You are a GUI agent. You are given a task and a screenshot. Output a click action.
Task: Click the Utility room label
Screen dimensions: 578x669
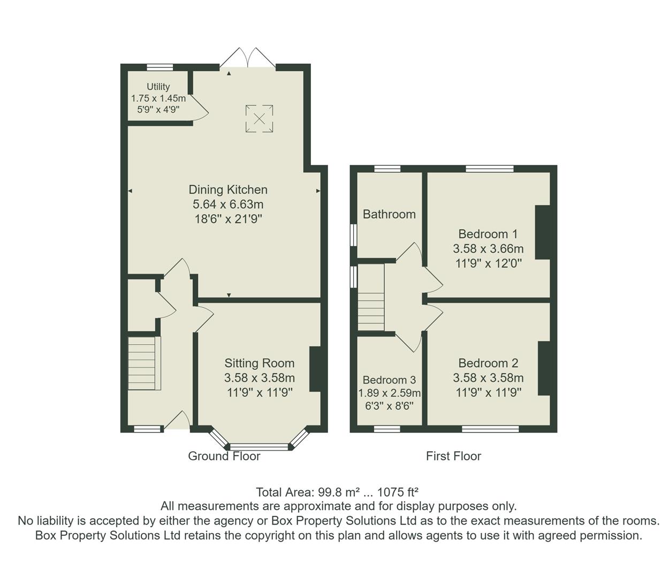click(x=158, y=87)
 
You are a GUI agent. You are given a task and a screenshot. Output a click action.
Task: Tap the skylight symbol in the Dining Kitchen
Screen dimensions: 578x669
click(x=260, y=118)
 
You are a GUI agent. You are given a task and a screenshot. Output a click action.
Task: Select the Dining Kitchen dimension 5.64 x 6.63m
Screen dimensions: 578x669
click(x=228, y=204)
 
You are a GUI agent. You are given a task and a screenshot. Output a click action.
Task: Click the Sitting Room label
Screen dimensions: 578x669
click(x=260, y=363)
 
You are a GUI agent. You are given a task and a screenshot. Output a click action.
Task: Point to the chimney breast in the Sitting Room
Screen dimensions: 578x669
click(x=315, y=369)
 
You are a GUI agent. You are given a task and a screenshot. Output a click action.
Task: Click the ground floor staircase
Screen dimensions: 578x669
click(x=144, y=362)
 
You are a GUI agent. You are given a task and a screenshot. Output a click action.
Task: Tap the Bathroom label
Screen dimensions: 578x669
click(x=389, y=215)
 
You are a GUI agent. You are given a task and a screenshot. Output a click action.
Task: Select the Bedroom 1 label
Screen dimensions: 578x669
click(x=488, y=234)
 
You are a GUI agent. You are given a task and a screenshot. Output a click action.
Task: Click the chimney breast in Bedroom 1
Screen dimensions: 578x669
click(x=543, y=232)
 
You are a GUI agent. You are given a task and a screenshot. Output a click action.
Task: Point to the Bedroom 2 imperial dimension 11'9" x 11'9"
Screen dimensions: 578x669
click(x=488, y=392)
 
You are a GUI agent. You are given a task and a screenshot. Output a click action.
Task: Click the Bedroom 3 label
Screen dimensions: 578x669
click(x=389, y=380)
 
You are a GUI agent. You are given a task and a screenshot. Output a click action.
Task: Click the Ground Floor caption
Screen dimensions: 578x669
click(x=224, y=457)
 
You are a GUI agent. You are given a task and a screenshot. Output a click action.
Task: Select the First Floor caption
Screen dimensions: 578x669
click(x=453, y=457)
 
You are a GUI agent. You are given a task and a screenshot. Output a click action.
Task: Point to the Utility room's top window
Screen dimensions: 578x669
click(x=160, y=67)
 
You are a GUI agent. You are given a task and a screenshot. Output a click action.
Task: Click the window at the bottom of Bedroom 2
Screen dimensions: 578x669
click(x=490, y=429)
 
